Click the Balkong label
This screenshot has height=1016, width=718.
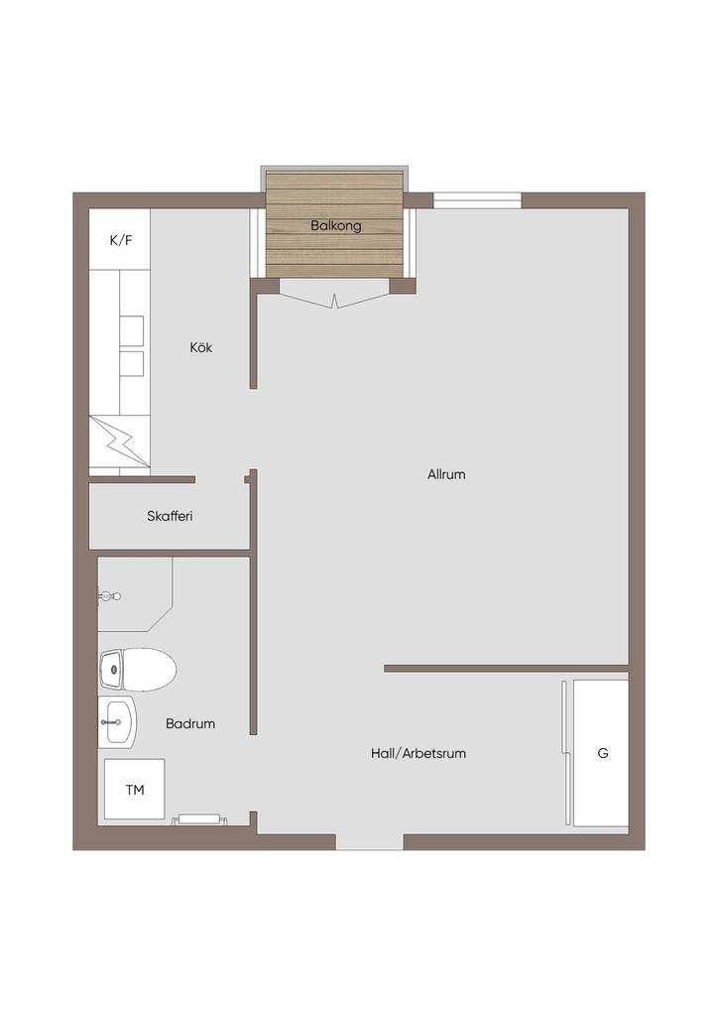pyautogui.click(x=335, y=226)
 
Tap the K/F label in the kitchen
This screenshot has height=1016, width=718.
pyautogui.click(x=121, y=240)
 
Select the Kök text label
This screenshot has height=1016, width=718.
pyautogui.click(x=200, y=347)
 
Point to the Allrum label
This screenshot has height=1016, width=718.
pyautogui.click(x=446, y=474)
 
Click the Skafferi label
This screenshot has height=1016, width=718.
pyautogui.click(x=170, y=516)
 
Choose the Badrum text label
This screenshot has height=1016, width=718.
pyautogui.click(x=190, y=723)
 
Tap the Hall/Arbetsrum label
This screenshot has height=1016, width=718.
pyautogui.click(x=419, y=754)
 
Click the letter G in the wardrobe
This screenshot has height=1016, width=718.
pyautogui.click(x=603, y=754)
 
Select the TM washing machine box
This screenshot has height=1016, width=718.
pyautogui.click(x=135, y=789)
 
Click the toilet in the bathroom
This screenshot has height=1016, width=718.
pyautogui.click(x=137, y=670)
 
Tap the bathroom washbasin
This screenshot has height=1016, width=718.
pyautogui.click(x=118, y=722)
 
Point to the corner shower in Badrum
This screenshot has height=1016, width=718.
pyautogui.click(x=135, y=594)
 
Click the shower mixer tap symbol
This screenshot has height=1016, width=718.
pyautogui.click(x=108, y=596)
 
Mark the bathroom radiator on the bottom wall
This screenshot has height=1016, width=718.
pyautogui.click(x=200, y=820)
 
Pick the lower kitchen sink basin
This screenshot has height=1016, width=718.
pyautogui.click(x=132, y=364)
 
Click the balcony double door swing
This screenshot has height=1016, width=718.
pyautogui.click(x=335, y=300)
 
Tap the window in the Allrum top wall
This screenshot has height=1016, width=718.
pyautogui.click(x=477, y=200)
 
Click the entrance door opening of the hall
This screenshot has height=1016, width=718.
pyautogui.click(x=370, y=841)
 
